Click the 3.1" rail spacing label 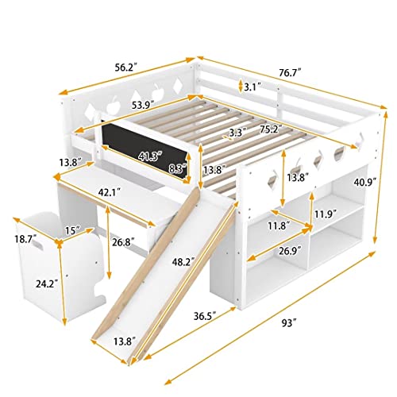point(250,87)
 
